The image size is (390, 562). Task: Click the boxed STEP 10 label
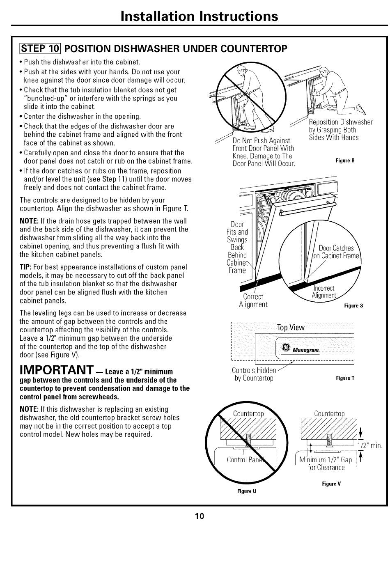click(40, 48)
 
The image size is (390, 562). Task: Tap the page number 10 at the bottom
click(200, 516)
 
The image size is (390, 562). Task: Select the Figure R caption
click(345, 161)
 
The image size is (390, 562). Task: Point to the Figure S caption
click(353, 305)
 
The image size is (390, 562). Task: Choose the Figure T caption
click(345, 378)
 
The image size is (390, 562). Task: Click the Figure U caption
click(247, 491)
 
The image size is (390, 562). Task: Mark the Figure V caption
click(331, 484)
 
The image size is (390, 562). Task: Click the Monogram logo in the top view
click(301, 349)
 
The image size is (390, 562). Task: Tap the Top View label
click(291, 327)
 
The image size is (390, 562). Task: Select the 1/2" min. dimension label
click(370, 445)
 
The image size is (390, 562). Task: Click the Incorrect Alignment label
click(323, 292)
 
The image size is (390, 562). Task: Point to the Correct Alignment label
click(253, 300)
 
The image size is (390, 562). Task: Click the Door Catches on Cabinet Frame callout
click(336, 252)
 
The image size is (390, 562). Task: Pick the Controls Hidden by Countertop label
click(254, 374)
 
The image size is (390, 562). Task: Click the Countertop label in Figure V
click(329, 413)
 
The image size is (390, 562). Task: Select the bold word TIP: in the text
click(26, 267)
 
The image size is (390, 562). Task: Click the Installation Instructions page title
click(199, 16)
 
